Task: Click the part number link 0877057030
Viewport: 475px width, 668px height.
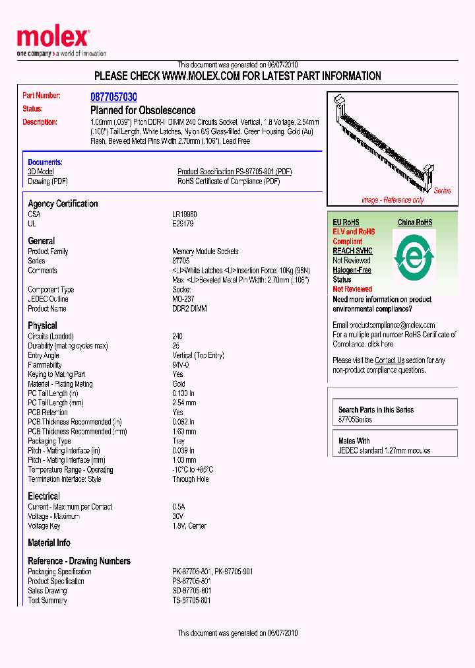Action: [x=113, y=96]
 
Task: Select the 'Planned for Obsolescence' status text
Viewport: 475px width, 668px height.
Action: [x=142, y=110]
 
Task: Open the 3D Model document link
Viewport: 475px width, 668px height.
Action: [x=40, y=172]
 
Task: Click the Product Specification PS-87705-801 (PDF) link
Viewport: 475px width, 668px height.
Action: [x=234, y=172]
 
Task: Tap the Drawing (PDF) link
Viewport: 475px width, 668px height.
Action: [x=47, y=182]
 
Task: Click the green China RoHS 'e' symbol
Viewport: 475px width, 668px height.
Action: [x=414, y=257]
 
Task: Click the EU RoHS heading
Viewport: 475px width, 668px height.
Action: [x=346, y=222]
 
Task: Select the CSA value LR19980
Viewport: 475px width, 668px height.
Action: [x=185, y=215]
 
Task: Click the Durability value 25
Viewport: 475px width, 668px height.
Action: [x=176, y=346]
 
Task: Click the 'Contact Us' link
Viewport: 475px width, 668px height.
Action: [x=389, y=360]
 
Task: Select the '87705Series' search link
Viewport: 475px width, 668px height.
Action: [x=355, y=420]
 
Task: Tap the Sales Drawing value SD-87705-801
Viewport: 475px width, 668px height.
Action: [x=191, y=591]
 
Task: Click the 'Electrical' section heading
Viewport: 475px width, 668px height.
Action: [x=44, y=496]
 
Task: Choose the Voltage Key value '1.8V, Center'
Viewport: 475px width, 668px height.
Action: [x=189, y=526]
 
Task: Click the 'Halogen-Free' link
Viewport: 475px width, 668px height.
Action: [x=352, y=270]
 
